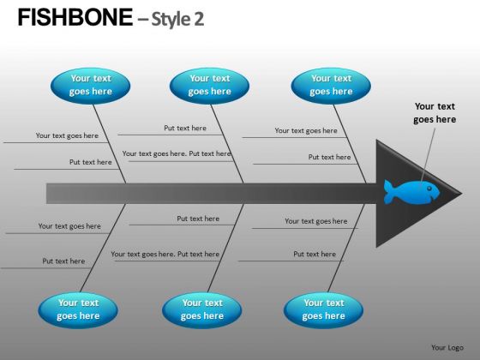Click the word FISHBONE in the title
[x=75, y=17]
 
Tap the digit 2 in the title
[x=198, y=19]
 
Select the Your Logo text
[x=447, y=347]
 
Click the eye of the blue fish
[x=429, y=189]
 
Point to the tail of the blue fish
[x=389, y=192]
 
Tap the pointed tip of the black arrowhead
[x=462, y=194]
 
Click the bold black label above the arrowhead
[x=435, y=112]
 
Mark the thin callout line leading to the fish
[x=429, y=155]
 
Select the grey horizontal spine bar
[x=211, y=194]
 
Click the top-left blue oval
[x=90, y=86]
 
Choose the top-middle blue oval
[x=209, y=86]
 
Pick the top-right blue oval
[x=331, y=86]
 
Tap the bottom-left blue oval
[x=78, y=310]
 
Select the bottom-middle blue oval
[x=202, y=310]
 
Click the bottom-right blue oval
[x=324, y=310]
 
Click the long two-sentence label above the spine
[x=177, y=153]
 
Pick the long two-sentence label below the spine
[x=165, y=254]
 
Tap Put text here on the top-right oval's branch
[x=329, y=157]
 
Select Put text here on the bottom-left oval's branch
[x=63, y=261]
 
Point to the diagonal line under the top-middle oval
[x=227, y=144]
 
